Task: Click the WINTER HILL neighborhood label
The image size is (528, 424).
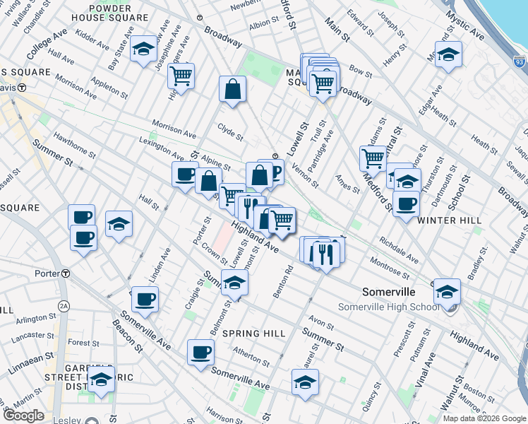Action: tap(449, 220)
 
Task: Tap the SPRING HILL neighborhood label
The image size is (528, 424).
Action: tap(254, 333)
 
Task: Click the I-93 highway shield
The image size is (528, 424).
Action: tap(520, 63)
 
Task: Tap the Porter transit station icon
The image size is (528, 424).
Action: tap(66, 273)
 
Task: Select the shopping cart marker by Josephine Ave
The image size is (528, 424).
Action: tap(182, 76)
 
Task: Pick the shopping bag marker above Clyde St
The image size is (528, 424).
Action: tap(232, 90)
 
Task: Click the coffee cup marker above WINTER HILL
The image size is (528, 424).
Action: tap(406, 204)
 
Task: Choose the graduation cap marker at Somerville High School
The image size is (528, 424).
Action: tap(447, 291)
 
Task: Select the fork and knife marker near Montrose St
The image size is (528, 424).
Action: tap(325, 252)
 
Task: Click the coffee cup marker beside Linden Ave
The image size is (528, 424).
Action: tap(145, 300)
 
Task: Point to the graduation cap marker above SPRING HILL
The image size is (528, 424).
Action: tap(235, 283)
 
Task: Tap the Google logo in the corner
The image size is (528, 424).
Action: tap(23, 416)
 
